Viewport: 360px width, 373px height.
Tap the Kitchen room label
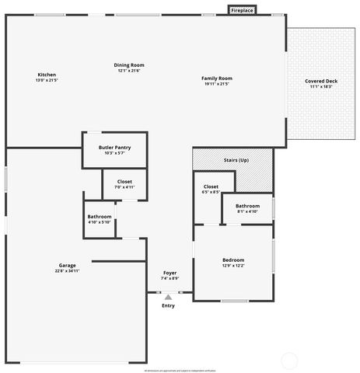pyautogui.click(x=47, y=75)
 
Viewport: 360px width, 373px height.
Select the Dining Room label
pyautogui.click(x=131, y=65)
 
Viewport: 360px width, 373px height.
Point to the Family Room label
pyautogui.click(x=217, y=78)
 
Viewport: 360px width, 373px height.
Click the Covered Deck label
pyautogui.click(x=321, y=81)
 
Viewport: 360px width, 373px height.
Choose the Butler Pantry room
pyautogui.click(x=114, y=148)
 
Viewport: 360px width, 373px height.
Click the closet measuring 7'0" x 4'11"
pyautogui.click(x=124, y=182)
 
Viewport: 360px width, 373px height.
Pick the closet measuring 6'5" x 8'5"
pyautogui.click(x=211, y=187)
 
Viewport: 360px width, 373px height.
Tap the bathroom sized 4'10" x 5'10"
pyautogui.click(x=100, y=217)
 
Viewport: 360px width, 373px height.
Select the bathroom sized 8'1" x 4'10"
pyautogui.click(x=247, y=206)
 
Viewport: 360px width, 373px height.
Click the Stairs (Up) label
pyautogui.click(x=236, y=159)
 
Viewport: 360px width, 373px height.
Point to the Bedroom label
pyautogui.click(x=233, y=260)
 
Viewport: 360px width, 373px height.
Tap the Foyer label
pyautogui.click(x=170, y=273)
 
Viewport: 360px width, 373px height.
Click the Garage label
pyautogui.click(x=67, y=265)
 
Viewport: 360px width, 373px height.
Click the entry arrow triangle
pyautogui.click(x=168, y=296)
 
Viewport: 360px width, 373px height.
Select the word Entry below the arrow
pyautogui.click(x=168, y=305)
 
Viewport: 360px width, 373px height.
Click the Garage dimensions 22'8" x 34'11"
pyautogui.click(x=67, y=270)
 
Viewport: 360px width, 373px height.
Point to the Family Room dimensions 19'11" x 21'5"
pyautogui.click(x=217, y=84)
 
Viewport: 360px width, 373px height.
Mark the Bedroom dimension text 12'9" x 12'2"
pyautogui.click(x=233, y=266)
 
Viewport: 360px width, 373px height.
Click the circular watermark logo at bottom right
pyautogui.click(x=288, y=360)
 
